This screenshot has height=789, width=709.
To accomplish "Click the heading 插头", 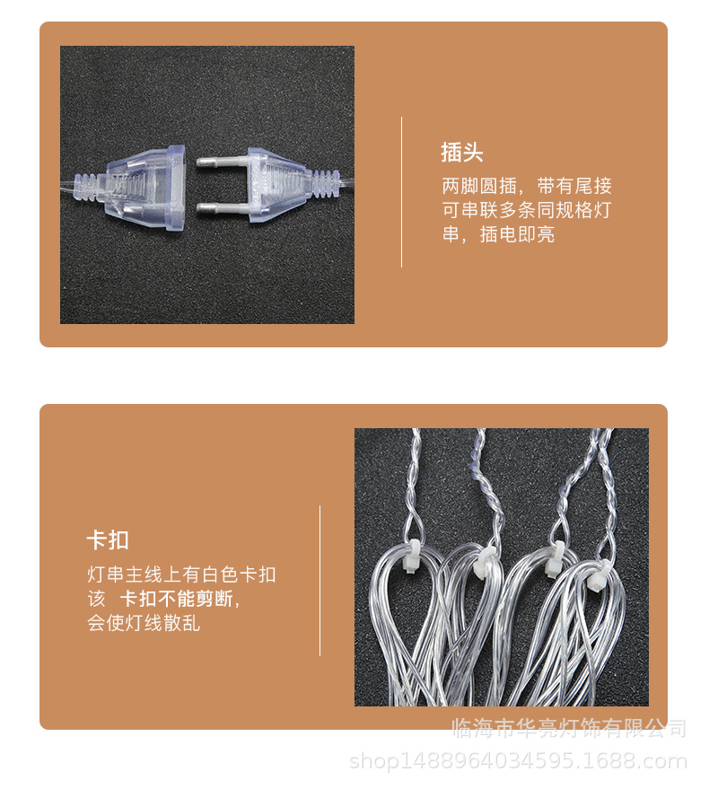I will click(x=461, y=153).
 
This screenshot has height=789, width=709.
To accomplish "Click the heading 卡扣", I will click(x=108, y=540).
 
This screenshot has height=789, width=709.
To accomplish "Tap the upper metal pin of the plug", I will click(x=216, y=164).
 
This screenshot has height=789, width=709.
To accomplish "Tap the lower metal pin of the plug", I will click(x=215, y=206).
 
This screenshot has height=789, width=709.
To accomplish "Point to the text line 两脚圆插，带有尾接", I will click(x=527, y=187).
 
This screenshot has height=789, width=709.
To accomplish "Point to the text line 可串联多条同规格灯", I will click(x=527, y=211).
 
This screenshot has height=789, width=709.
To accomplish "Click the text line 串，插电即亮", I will click(x=498, y=235).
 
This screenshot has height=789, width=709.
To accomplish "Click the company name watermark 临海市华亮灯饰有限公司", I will click(x=569, y=728).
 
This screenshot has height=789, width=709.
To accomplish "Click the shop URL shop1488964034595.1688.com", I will click(x=517, y=762).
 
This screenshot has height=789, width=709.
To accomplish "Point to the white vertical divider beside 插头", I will click(x=401, y=192).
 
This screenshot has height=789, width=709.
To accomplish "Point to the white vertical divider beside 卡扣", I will click(x=320, y=580).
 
